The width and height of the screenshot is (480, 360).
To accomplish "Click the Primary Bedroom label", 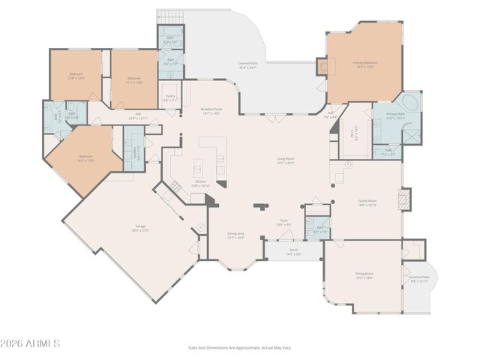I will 364,64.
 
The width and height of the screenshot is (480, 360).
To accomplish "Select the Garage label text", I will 140,227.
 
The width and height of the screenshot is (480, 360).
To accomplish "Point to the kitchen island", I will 199,165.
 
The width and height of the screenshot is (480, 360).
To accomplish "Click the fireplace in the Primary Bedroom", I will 322,67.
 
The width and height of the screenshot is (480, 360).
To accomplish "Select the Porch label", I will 293,251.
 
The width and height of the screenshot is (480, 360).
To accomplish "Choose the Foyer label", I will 283,223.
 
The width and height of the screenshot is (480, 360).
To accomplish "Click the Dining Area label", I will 236,235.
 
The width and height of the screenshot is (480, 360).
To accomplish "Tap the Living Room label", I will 286,160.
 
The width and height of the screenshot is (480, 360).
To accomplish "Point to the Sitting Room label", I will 364,275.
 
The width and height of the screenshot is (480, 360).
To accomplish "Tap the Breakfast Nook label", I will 210,111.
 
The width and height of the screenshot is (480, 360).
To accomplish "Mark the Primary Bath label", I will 395,115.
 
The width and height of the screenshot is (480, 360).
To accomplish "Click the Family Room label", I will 367,202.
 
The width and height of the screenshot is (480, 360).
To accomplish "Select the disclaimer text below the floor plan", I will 239,347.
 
